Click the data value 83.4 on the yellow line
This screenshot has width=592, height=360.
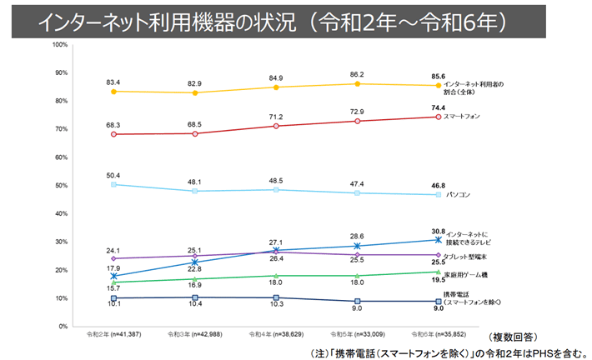pyautogui.click(x=113, y=82)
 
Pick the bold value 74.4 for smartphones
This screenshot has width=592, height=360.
pyautogui.click(x=438, y=108)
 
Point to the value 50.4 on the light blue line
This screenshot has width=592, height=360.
pyautogui.click(x=113, y=175)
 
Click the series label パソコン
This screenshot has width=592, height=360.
pyautogui.click(x=458, y=195)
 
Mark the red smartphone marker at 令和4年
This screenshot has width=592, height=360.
pyautogui.click(x=276, y=126)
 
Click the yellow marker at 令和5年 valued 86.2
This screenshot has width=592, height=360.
pyautogui.click(x=357, y=83)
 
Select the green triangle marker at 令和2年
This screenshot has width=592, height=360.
pyautogui.click(x=113, y=282)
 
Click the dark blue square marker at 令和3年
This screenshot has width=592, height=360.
pyautogui.click(x=195, y=297)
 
